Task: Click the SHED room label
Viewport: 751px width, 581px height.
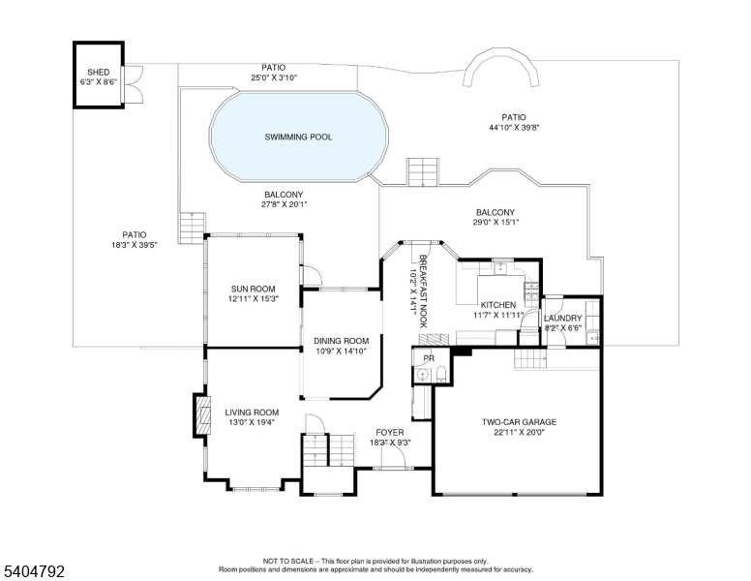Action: [x=98, y=73]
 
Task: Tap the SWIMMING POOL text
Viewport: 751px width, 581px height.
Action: [x=298, y=138]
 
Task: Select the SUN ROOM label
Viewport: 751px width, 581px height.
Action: [x=253, y=289]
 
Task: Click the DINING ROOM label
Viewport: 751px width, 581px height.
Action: [x=341, y=341]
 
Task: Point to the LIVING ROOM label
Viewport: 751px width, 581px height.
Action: [x=252, y=413]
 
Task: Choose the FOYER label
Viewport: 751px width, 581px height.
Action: [x=390, y=432]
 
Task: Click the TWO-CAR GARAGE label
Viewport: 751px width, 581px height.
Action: [x=520, y=422]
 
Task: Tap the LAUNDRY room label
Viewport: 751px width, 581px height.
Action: [x=562, y=319]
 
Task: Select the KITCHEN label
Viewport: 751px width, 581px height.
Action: [x=498, y=305]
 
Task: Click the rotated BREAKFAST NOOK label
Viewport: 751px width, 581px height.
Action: [x=423, y=291]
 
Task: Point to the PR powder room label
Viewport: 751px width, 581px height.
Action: [x=429, y=358]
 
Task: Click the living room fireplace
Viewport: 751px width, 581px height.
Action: [x=203, y=417]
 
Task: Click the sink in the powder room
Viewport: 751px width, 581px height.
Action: [x=422, y=375]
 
